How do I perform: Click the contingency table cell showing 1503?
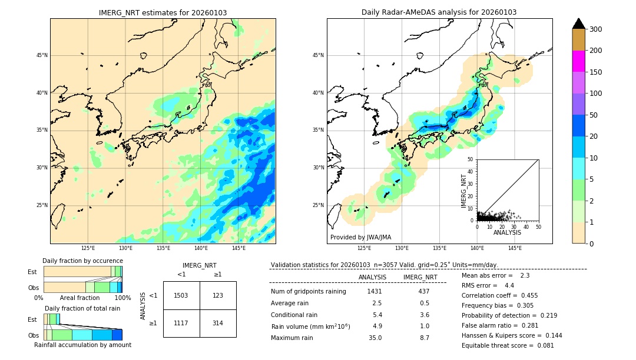point(181,295)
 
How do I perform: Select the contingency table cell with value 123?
point(218,295)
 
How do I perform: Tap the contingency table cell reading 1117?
point(181,323)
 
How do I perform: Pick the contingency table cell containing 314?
point(218,323)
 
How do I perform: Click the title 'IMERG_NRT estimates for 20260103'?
point(163,12)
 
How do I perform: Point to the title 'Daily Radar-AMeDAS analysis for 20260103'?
point(439,12)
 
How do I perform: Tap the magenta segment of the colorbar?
point(579,61)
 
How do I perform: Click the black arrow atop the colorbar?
point(579,24)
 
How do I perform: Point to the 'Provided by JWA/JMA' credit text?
point(360,238)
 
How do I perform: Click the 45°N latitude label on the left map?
point(41,55)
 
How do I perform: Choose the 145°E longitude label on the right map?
point(515,248)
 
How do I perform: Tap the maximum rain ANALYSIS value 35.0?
point(375,338)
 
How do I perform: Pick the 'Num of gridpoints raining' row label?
point(309,291)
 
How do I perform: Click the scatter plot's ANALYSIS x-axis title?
point(507,232)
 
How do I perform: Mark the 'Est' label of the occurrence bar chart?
point(32,272)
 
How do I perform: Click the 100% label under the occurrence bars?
point(122,298)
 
